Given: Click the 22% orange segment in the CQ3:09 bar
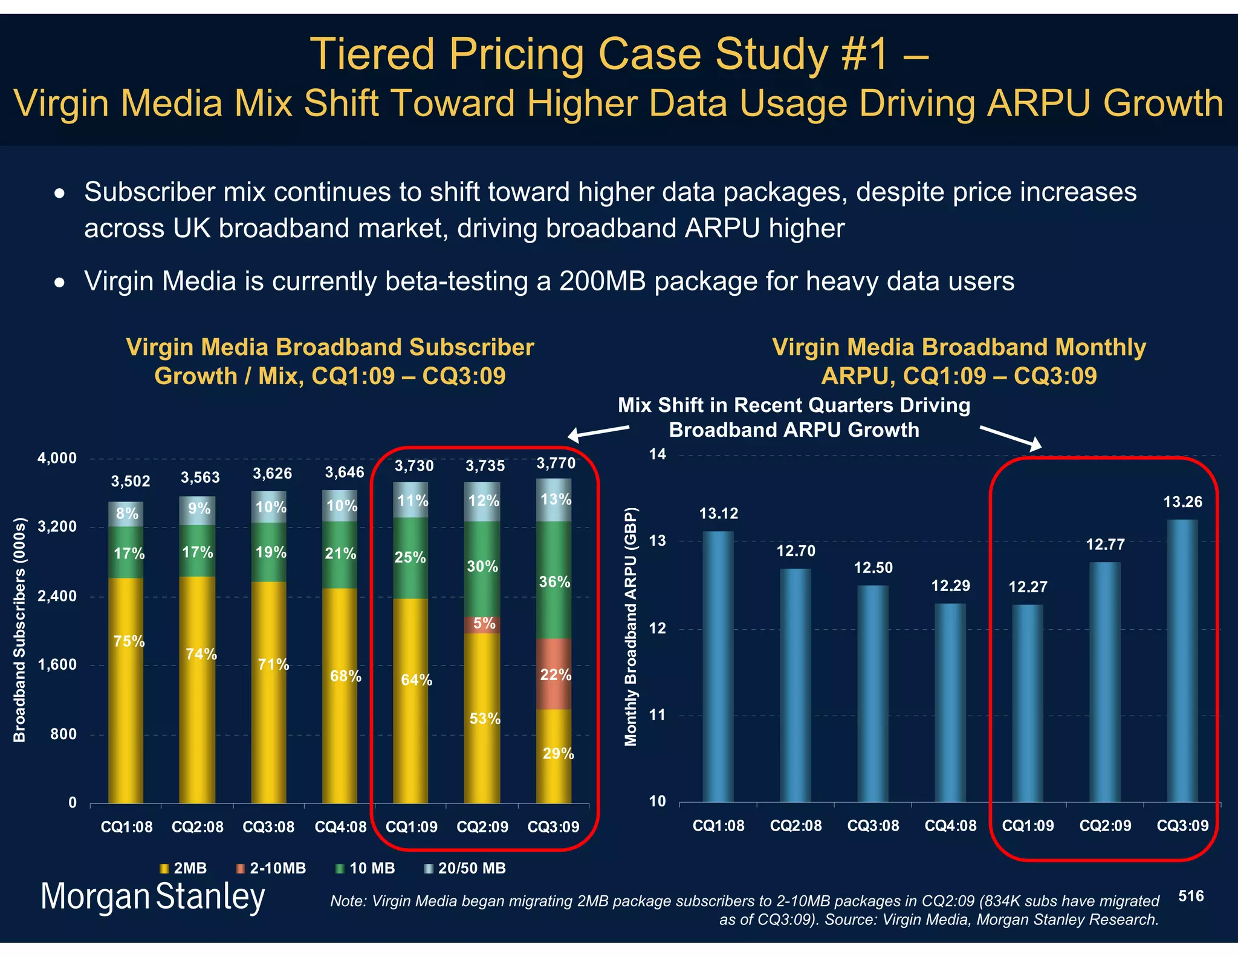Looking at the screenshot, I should tap(554, 674).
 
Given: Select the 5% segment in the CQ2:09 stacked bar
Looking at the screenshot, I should tap(482, 624).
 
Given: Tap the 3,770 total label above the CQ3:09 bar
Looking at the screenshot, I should tap(556, 463).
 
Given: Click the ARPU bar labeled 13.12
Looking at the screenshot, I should tap(718, 665).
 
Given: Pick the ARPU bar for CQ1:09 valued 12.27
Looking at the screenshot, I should tap(1028, 702).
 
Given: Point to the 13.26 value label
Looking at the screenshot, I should tap(1182, 502).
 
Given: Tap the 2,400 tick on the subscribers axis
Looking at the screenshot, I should tap(57, 596).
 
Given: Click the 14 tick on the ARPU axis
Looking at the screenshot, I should tap(658, 454).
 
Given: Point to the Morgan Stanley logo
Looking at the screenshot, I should tap(152, 896).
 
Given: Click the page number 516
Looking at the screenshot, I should tap(1191, 896).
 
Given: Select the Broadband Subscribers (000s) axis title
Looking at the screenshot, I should tap(20, 629).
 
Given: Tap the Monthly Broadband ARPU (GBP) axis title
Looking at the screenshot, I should tap(630, 626).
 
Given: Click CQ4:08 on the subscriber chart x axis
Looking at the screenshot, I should tap(340, 827).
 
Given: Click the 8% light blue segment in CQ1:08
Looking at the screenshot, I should tap(126, 514).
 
